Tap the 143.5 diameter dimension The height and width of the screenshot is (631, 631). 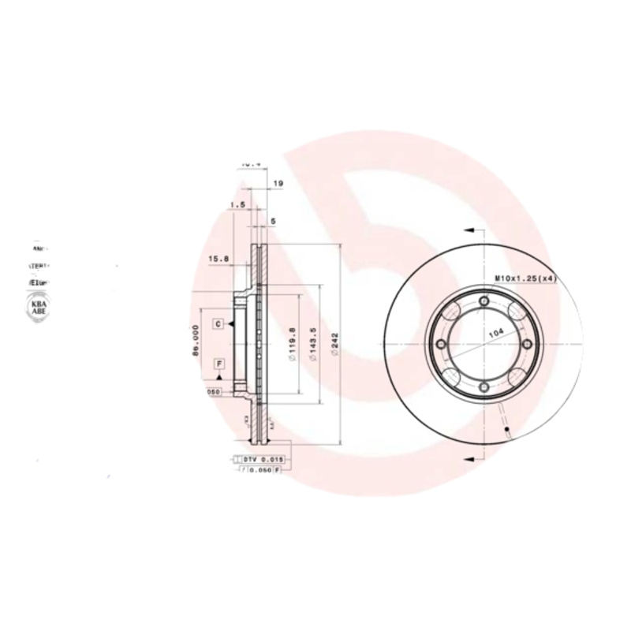point(313,345)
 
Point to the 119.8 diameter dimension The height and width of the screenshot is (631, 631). point(292,345)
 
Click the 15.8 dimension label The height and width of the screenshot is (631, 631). point(218,259)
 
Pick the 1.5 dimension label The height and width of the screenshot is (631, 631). point(236,205)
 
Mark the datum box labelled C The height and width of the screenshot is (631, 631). point(218,323)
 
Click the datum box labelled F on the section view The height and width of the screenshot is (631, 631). point(218,364)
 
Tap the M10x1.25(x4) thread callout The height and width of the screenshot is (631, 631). point(525,278)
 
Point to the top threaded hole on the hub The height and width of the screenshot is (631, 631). point(483,301)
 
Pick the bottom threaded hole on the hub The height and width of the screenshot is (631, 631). point(483,386)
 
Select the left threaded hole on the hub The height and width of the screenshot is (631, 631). point(440,344)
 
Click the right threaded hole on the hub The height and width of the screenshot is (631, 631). point(525,344)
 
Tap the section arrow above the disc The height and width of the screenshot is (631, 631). point(471,230)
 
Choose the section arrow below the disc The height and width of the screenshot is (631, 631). point(471,457)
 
